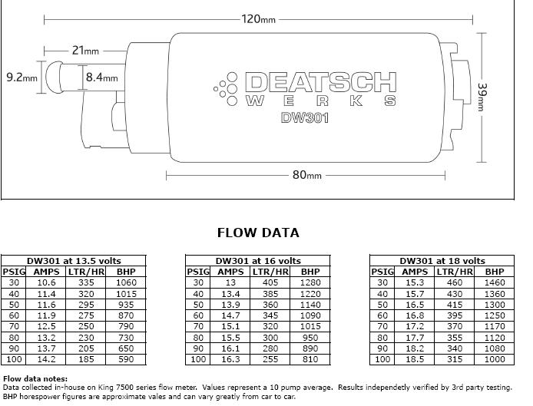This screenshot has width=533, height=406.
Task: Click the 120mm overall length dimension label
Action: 258,18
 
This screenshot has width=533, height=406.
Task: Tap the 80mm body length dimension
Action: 306,175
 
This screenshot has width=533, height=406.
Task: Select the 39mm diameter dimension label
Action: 482,97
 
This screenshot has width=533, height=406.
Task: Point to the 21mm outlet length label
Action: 85,51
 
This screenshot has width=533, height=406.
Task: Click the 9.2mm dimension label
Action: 22,77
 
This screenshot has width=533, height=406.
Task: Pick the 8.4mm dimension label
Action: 101,77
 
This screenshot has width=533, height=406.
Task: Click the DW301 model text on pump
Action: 305,118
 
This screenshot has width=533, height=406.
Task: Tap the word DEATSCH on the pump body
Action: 320,82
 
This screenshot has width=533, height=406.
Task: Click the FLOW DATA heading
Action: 258,233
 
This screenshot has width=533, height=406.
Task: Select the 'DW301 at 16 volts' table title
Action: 258,261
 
